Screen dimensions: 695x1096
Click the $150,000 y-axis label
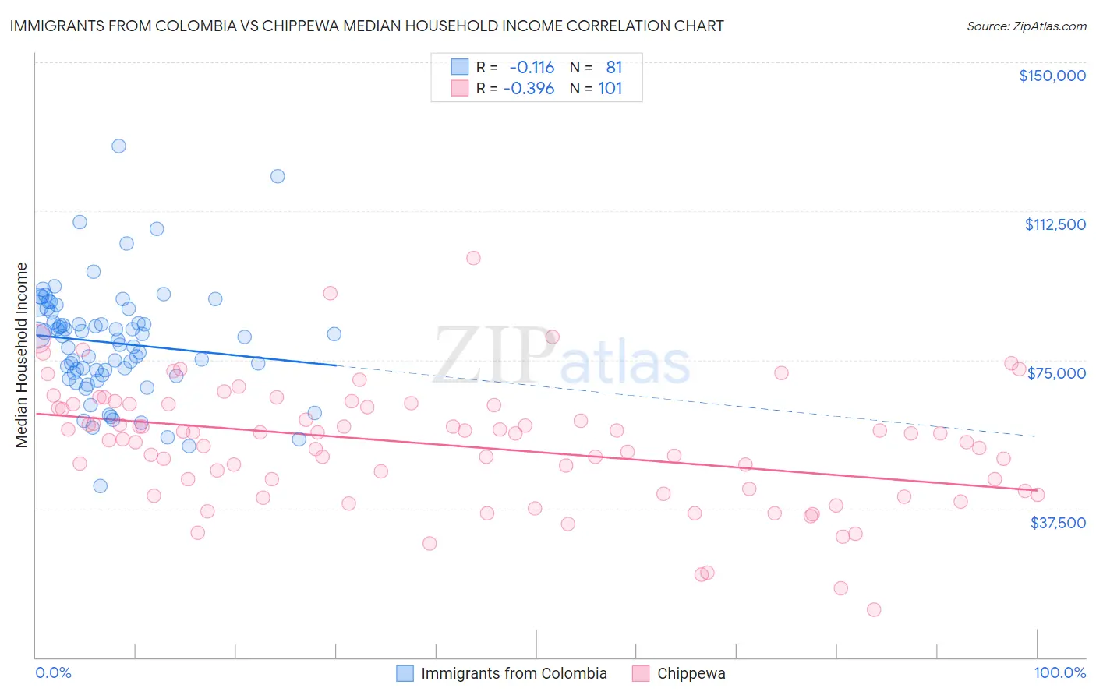(1052, 76)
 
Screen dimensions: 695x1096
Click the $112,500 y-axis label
(1055, 224)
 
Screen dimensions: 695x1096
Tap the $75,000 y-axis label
(1056, 373)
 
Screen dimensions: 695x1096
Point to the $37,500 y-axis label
(1058, 523)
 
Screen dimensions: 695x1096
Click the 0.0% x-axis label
(53, 672)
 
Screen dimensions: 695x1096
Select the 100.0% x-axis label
(1059, 672)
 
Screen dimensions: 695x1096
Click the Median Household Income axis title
(21, 355)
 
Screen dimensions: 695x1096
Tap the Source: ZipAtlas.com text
(1026, 26)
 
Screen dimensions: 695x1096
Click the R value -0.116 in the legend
(532, 68)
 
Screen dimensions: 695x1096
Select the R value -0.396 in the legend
(529, 89)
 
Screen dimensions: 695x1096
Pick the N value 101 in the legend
(610, 89)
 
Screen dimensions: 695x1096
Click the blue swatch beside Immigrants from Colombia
(405, 673)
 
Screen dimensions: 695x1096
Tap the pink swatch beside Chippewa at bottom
(641, 673)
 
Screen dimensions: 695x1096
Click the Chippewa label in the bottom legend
(691, 673)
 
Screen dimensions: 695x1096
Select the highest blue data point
(118, 146)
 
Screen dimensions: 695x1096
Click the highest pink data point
(473, 258)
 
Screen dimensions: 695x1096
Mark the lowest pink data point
(874, 609)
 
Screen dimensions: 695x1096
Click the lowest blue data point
(100, 485)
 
